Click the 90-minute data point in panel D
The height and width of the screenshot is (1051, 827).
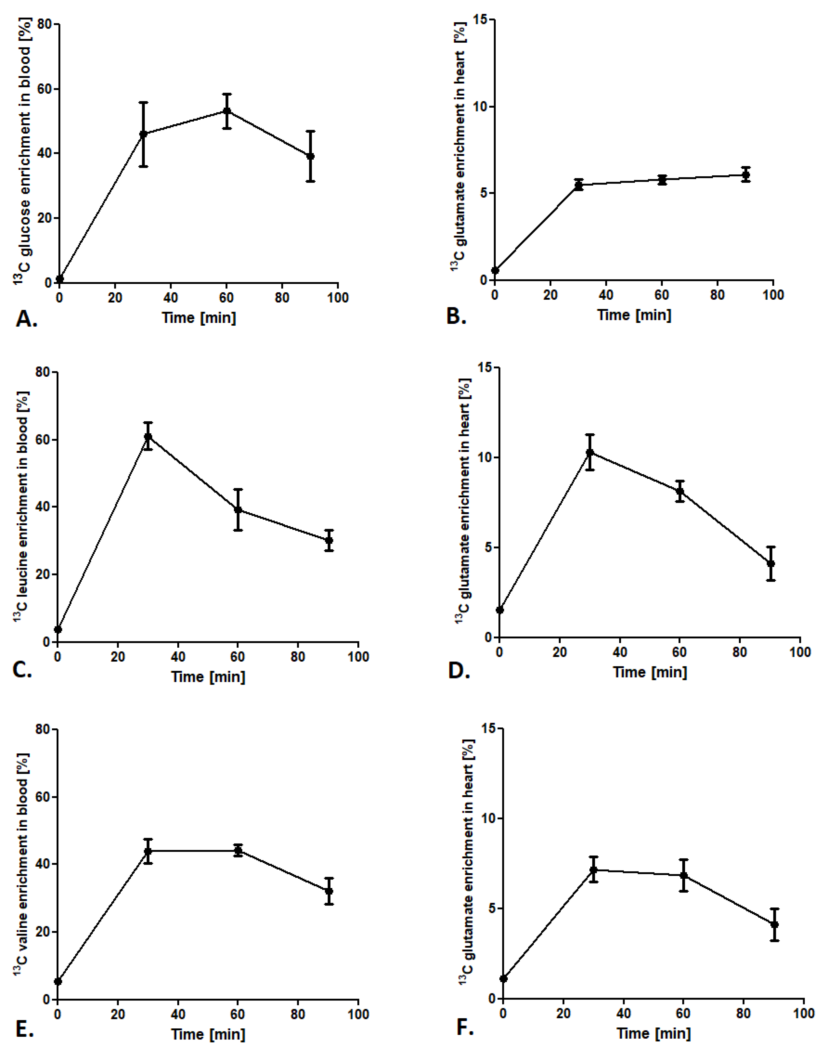[771, 564]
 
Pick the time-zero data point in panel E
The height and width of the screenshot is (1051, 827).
[57, 981]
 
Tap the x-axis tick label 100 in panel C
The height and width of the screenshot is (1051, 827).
[358, 657]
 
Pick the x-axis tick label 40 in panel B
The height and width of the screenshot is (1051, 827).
[606, 295]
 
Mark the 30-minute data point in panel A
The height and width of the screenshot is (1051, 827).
[143, 134]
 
